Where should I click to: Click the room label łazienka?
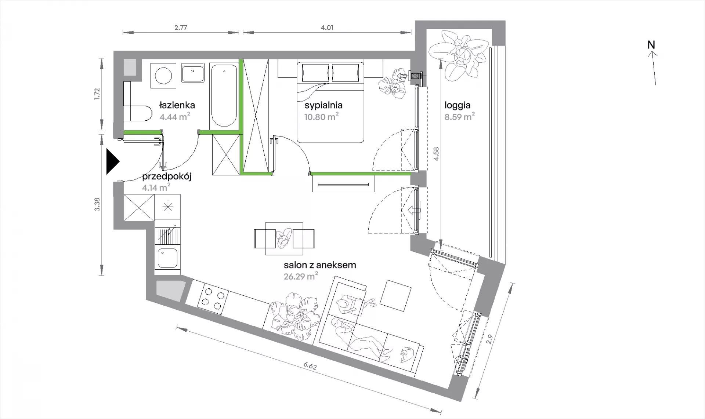[177, 105]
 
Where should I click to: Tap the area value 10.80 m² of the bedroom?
[322, 117]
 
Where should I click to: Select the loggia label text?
[457, 105]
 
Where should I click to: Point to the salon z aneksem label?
[320, 265]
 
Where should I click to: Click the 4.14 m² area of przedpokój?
[156, 187]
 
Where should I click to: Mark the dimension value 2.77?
[181, 28]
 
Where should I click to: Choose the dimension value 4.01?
[327, 28]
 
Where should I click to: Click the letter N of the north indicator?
[651, 45]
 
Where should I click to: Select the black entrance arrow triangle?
[113, 161]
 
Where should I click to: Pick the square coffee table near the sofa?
[396, 295]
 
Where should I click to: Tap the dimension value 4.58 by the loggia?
[436, 154]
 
